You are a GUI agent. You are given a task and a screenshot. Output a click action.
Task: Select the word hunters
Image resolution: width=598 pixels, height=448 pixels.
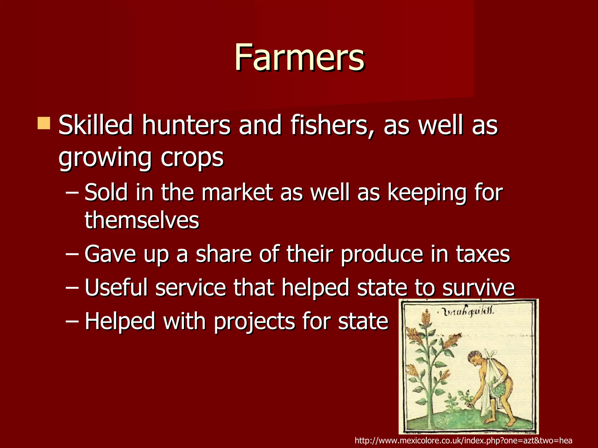(x=186, y=125)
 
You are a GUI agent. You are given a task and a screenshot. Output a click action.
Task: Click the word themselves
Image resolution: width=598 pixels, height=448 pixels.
(x=142, y=220)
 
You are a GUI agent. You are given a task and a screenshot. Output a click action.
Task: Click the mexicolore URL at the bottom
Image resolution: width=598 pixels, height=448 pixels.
(x=463, y=440)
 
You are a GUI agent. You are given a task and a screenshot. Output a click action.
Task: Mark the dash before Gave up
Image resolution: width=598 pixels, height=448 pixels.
(x=72, y=254)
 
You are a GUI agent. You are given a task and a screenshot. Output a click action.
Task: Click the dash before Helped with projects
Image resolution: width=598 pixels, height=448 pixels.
(x=72, y=321)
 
